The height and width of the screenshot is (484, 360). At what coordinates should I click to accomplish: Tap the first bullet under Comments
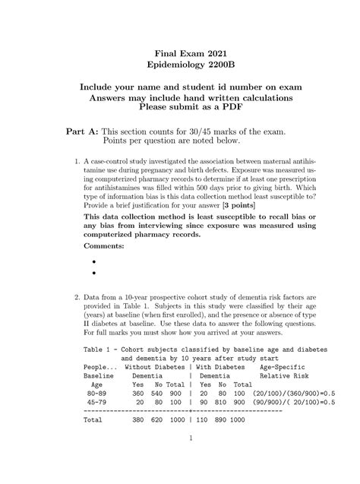(94, 261)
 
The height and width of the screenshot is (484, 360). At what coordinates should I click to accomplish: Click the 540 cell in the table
(158, 394)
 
